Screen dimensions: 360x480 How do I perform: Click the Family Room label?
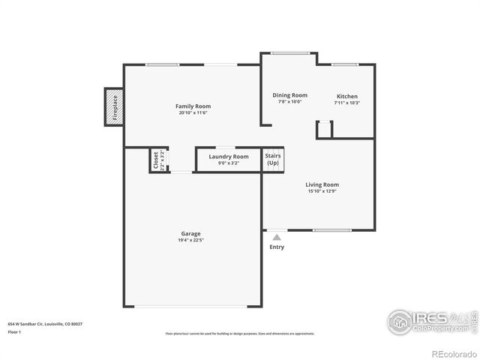click(x=192, y=106)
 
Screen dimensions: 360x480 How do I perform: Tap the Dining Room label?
click(x=289, y=95)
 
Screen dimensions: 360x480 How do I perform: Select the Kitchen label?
click(x=346, y=96)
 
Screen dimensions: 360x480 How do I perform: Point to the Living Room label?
click(x=322, y=184)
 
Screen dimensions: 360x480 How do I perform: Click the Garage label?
click(x=190, y=233)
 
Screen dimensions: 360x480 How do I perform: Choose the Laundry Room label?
click(x=228, y=156)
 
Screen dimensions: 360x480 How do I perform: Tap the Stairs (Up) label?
click(x=272, y=159)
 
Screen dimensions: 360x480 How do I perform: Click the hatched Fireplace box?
click(x=114, y=106)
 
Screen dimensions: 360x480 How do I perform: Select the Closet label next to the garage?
click(x=157, y=160)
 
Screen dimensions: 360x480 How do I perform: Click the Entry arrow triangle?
click(x=277, y=237)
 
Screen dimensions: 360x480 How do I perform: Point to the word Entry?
click(x=277, y=247)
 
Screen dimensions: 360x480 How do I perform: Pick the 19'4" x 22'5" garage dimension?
click(x=190, y=241)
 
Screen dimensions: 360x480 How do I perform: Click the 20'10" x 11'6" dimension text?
click(x=192, y=113)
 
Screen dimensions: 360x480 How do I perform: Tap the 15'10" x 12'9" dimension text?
click(x=322, y=192)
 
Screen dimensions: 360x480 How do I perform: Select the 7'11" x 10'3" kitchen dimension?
click(x=346, y=103)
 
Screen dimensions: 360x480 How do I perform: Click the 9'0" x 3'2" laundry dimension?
click(x=228, y=163)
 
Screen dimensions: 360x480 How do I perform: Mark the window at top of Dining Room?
click(x=290, y=52)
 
